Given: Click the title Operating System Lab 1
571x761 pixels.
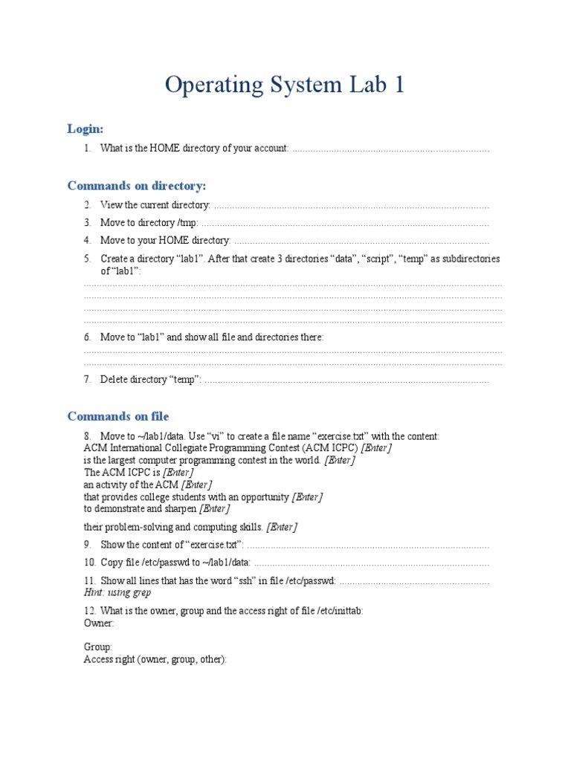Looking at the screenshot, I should point(285,85).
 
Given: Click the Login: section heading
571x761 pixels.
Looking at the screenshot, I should point(86,129).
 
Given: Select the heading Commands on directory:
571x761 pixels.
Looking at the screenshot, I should point(137,185).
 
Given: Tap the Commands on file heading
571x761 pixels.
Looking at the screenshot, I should point(118,415).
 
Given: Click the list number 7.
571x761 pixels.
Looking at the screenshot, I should point(87,380).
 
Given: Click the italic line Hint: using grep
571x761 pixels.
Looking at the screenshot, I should point(117,592).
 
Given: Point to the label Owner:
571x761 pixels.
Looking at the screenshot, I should point(99,623).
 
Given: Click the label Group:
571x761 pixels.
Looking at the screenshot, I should point(97,647).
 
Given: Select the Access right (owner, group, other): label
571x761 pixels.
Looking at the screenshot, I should point(155,659).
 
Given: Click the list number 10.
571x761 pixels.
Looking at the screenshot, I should point(89,563).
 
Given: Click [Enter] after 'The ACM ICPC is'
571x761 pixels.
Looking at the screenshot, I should point(178,472).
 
